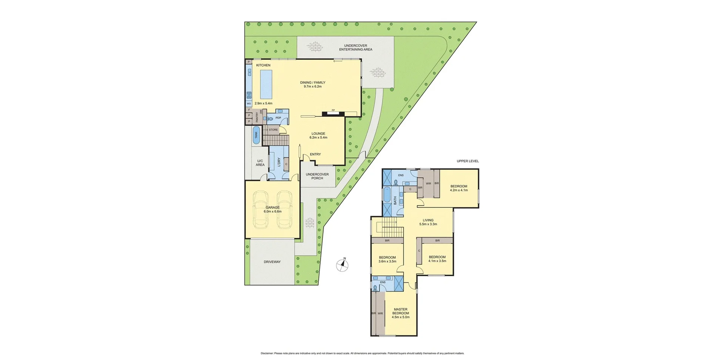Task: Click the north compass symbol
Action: click(342, 265)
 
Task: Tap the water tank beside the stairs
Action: click(256, 135)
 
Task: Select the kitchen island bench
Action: click(265, 84)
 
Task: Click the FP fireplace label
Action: click(333, 110)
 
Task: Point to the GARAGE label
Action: click(272, 207)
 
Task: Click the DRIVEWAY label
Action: click(272, 262)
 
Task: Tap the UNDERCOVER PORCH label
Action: click(317, 176)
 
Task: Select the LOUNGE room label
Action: click(318, 133)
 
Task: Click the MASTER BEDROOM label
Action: click(400, 311)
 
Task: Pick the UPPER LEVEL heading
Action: click(467, 161)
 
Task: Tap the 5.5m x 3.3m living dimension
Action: click(428, 224)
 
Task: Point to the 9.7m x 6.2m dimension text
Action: click(312, 87)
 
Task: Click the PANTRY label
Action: click(257, 117)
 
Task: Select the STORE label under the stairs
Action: click(273, 130)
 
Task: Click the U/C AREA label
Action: click(260, 163)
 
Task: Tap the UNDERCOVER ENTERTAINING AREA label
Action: click(355, 48)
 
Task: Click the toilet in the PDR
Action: click(270, 119)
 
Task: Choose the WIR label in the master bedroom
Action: click(380, 314)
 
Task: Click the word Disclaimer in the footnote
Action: click(267, 354)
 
